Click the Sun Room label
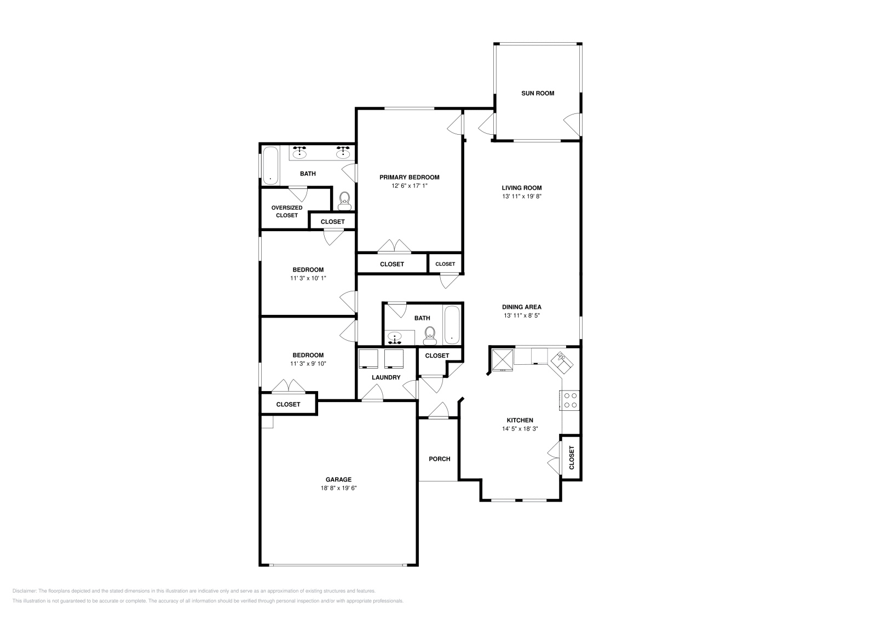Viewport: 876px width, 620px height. point(537,93)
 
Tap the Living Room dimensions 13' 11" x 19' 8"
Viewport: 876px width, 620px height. point(521,196)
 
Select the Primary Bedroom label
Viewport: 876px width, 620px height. point(410,177)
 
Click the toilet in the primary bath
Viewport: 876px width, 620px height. point(344,200)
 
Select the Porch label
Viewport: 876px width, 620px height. point(439,459)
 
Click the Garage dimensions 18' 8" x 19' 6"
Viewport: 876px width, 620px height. point(338,488)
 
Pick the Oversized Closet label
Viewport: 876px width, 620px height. point(287,211)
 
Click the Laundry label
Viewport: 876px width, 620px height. point(386,377)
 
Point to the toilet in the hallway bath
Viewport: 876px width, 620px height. point(430,334)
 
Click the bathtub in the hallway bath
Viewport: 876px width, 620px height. point(452,325)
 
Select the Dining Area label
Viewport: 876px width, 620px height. point(521,307)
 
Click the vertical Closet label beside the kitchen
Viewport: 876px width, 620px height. point(572,457)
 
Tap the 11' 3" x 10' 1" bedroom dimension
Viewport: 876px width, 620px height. point(308,278)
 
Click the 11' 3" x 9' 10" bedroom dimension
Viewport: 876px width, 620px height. point(308,364)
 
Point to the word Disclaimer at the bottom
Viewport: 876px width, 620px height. point(24,591)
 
